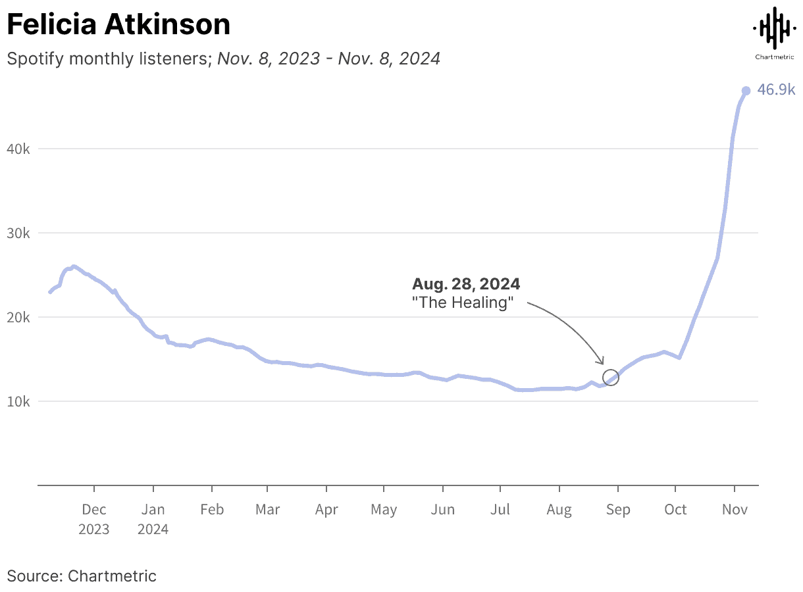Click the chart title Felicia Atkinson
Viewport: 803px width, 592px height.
point(118,26)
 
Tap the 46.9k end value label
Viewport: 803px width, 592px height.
point(776,90)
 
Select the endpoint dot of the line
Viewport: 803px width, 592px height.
point(746,91)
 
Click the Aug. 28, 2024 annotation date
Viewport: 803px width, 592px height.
point(466,284)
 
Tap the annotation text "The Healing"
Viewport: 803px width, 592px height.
point(462,303)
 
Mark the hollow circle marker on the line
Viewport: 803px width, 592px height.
point(611,378)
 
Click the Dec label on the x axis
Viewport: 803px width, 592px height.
point(94,510)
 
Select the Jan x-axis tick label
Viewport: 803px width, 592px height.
point(153,510)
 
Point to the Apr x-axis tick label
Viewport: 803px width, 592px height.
point(326,510)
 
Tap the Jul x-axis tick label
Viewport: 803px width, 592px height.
point(500,510)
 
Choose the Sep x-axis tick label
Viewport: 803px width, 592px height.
point(617,510)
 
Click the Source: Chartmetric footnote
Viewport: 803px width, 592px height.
point(82,576)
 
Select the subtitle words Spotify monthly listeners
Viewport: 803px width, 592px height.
point(108,59)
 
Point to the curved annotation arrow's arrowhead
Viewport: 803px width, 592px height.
point(601,362)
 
